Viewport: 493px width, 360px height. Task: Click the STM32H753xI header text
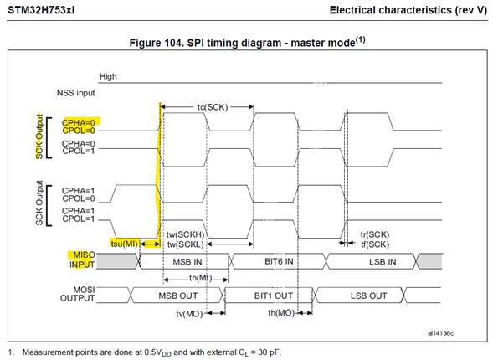(x=41, y=10)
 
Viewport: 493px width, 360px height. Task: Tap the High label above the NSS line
(x=108, y=76)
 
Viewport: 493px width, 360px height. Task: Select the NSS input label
(x=76, y=93)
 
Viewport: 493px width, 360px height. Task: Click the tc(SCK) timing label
(x=213, y=107)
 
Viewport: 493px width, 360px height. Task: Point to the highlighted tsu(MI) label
(x=125, y=244)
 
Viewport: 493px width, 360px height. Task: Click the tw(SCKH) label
(x=185, y=234)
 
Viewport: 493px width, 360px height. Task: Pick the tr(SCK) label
(x=375, y=234)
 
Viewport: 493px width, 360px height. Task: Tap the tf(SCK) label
(x=375, y=244)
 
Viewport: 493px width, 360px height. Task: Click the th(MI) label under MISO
(x=201, y=278)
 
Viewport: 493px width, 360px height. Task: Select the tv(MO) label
(x=189, y=314)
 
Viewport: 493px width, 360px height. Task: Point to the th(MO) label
(x=281, y=313)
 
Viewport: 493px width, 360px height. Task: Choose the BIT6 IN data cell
(x=279, y=261)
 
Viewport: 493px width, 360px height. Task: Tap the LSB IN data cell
(x=372, y=261)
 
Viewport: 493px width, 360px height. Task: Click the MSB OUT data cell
(x=178, y=296)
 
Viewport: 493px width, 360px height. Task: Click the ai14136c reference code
(x=440, y=333)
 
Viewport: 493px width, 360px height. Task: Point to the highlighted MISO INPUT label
(x=82, y=260)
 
